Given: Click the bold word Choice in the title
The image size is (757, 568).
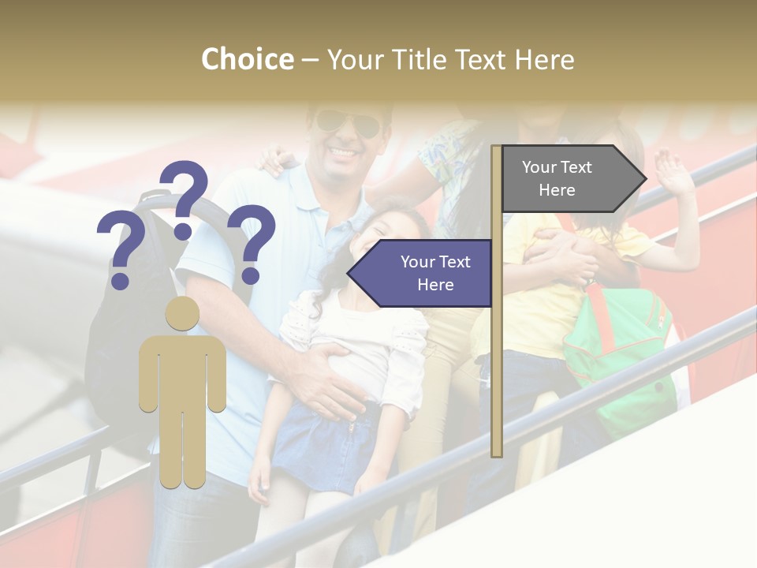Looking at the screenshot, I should click(x=247, y=59).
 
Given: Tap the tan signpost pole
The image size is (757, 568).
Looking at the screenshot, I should click(x=496, y=355).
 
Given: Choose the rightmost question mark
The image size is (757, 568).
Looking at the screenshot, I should click(x=252, y=242).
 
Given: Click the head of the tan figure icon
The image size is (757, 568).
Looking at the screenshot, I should click(x=182, y=313).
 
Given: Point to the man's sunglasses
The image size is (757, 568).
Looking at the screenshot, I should click(x=347, y=122).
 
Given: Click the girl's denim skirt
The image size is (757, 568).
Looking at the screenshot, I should click(x=323, y=446).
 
